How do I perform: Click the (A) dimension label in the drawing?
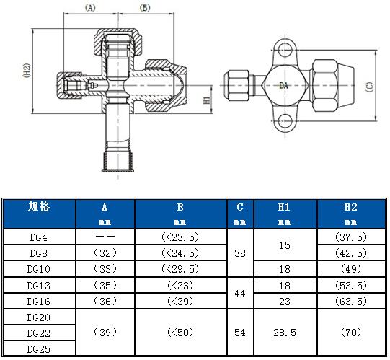90,8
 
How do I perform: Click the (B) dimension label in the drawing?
145,8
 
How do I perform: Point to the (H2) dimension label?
27,70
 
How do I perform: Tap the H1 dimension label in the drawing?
207,100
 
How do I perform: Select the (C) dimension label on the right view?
370,87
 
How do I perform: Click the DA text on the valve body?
283,86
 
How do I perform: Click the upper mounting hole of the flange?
285,50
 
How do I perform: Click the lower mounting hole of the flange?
285,121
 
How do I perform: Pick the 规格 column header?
39,206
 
